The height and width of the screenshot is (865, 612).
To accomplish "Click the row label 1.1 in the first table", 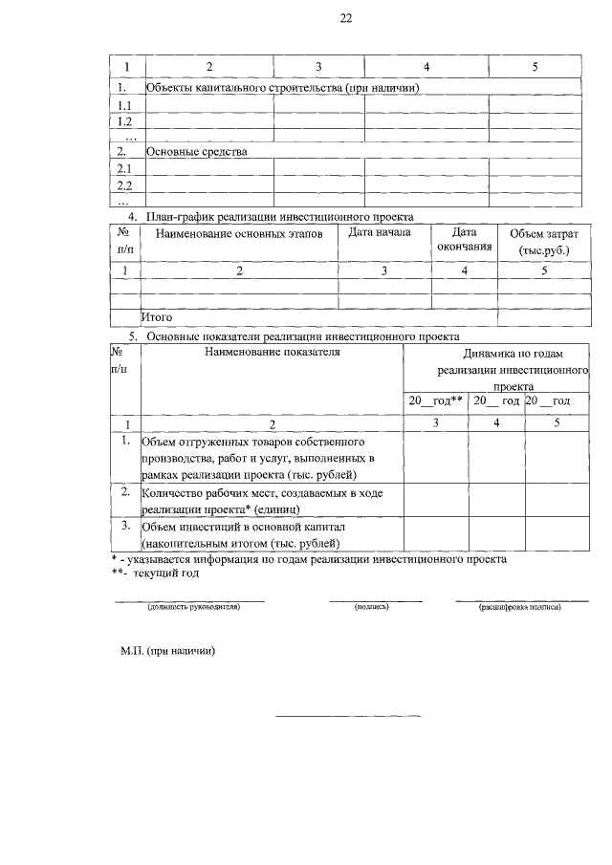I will pos(123,105).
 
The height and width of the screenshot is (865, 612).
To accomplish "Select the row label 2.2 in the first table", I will pos(123,184).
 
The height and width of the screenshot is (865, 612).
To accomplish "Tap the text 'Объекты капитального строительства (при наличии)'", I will pos(283,88).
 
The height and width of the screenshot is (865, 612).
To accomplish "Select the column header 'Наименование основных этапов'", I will pos(239,233).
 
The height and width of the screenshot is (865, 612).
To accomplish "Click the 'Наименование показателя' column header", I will pos(273,352).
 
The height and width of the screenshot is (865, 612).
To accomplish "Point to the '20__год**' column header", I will pos(436,400).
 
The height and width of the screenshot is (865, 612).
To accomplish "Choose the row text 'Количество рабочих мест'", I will pos(263,501).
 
